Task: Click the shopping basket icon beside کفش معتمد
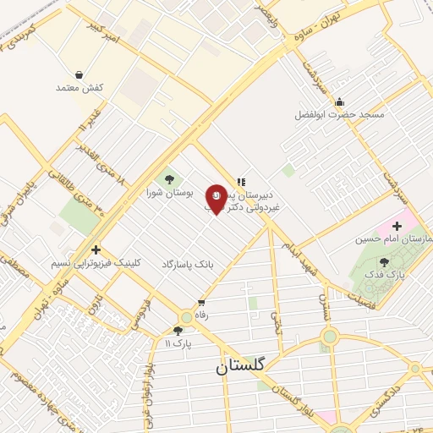pyautogui.click(x=79, y=74)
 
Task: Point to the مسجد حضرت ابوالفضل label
pyautogui.click(x=339, y=114)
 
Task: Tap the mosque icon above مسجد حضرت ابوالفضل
pyautogui.click(x=339, y=101)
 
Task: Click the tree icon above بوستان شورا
pyautogui.click(x=169, y=178)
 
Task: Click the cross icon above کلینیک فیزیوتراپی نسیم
pyautogui.click(x=96, y=249)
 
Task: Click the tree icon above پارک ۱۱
pyautogui.click(x=178, y=332)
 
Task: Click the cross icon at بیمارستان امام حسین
pyautogui.click(x=397, y=226)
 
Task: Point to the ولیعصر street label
pyautogui.click(x=275, y=14)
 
